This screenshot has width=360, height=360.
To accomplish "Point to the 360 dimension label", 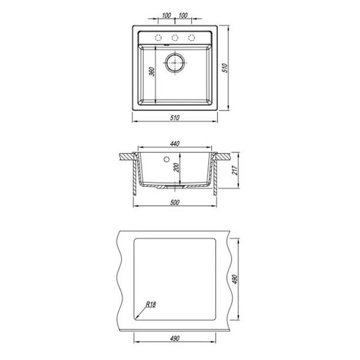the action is click(x=152, y=72).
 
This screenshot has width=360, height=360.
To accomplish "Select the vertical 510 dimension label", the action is click(x=225, y=68).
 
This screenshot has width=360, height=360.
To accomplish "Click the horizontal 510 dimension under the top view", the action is click(x=175, y=118).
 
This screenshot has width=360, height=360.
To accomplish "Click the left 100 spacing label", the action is click(x=166, y=15).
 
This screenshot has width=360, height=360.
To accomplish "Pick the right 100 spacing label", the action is click(x=183, y=15).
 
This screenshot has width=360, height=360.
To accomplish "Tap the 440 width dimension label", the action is click(x=175, y=144).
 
